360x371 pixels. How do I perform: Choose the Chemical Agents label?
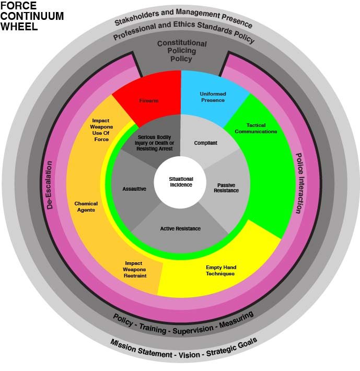(86, 206)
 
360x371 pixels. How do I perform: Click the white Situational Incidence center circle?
(181, 182)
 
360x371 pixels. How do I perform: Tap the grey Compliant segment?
(205, 142)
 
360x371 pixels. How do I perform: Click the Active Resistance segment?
(180, 228)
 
